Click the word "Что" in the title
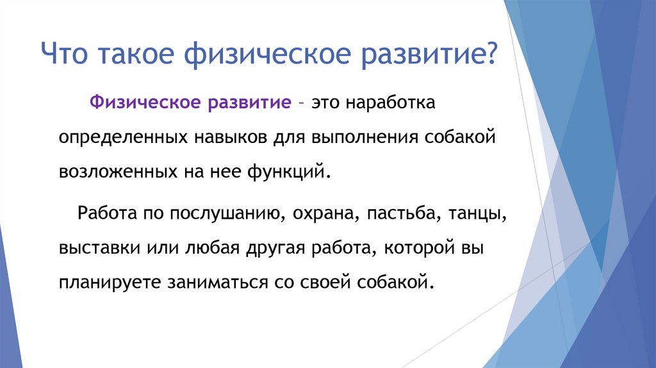click(x=66, y=53)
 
